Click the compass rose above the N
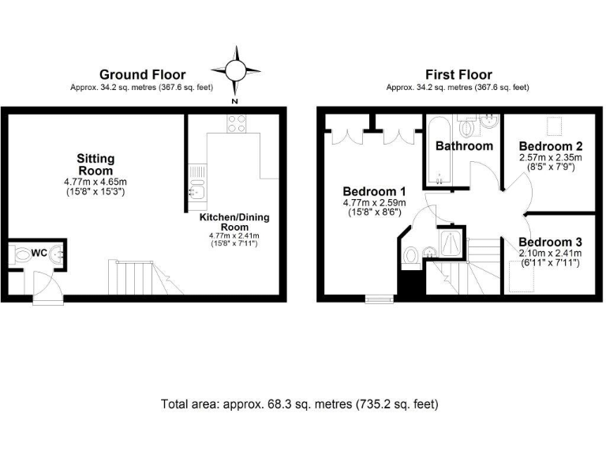point(234,70)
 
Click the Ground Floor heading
point(143,75)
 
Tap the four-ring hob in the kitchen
point(236,122)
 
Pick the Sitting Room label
point(95,164)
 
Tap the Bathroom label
point(464,145)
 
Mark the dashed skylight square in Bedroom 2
point(555,125)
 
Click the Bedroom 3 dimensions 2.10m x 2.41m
point(550,253)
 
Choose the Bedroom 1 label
point(374,191)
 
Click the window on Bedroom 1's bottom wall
point(378,299)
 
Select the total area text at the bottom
point(299,403)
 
